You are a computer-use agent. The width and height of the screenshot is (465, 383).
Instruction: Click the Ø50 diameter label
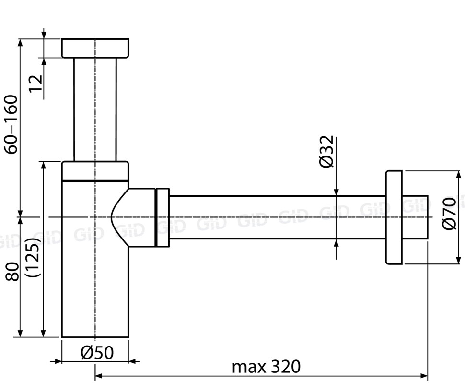(97, 353)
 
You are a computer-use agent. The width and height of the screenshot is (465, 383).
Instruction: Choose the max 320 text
(266, 367)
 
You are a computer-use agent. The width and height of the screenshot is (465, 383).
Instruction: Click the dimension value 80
(13, 272)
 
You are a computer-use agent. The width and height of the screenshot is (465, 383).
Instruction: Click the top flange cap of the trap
(95, 48)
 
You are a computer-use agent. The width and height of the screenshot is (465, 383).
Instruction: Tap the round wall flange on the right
(394, 217)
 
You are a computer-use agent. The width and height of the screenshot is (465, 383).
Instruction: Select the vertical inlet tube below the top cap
(95, 109)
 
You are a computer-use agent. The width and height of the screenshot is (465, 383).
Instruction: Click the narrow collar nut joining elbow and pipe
(163, 217)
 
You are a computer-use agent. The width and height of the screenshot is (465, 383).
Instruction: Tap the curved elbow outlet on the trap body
(137, 217)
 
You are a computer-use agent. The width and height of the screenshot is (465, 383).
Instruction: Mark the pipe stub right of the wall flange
(415, 217)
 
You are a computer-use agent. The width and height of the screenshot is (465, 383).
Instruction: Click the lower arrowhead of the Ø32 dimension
(336, 242)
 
